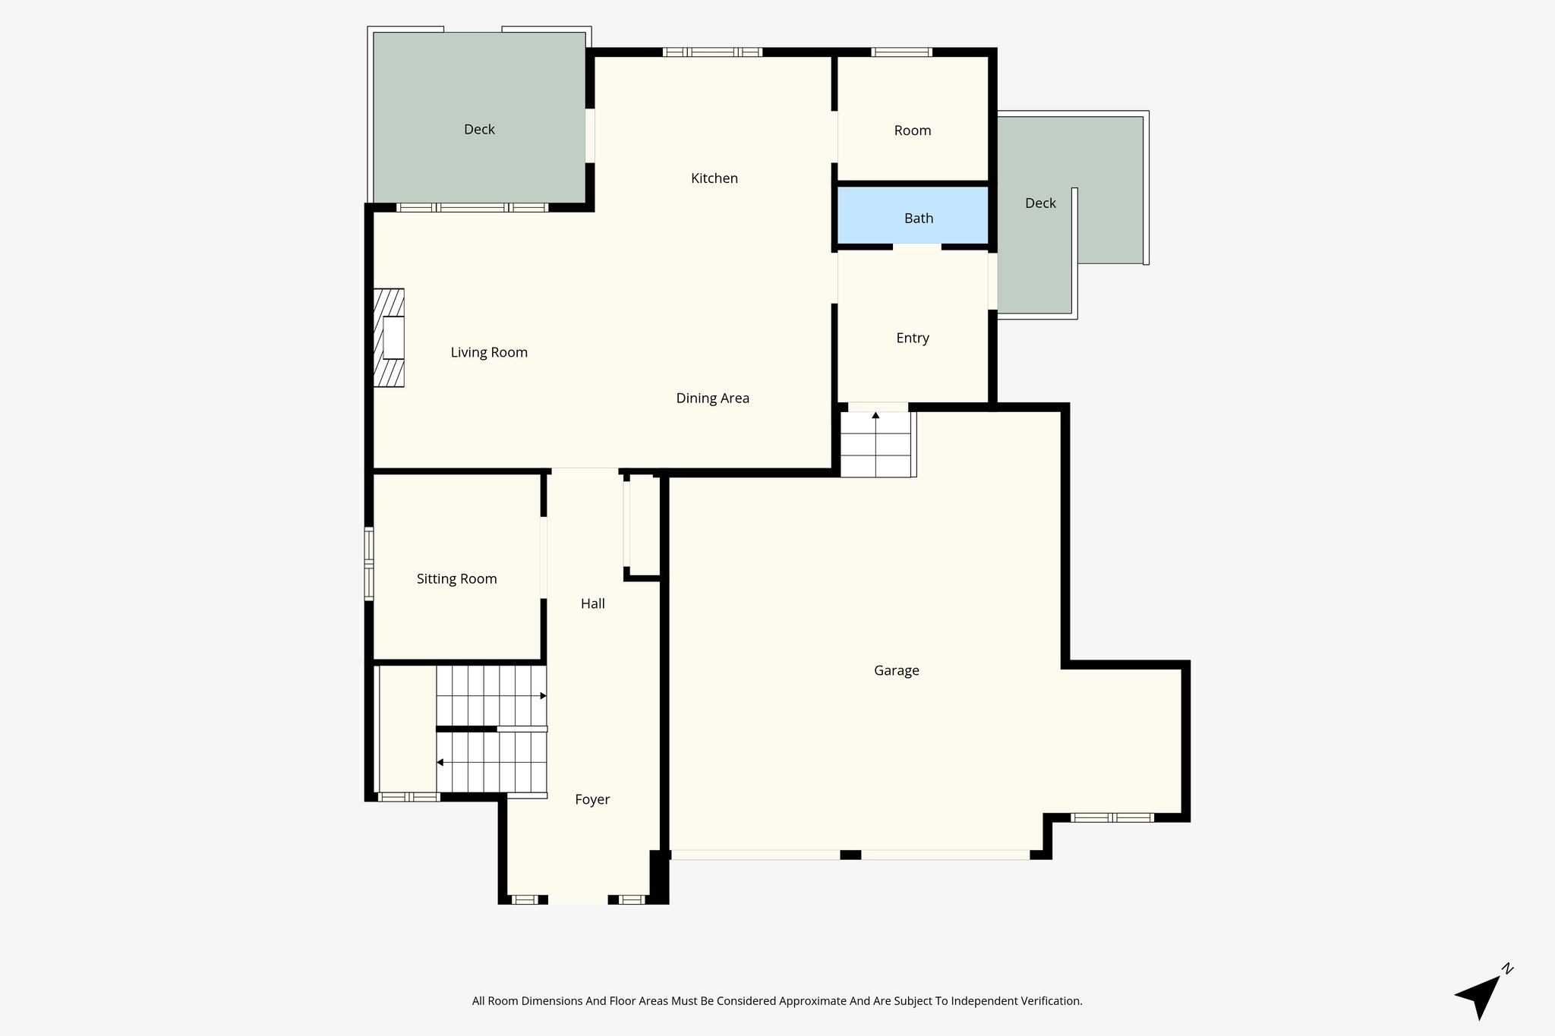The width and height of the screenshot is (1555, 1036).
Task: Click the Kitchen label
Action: (714, 178)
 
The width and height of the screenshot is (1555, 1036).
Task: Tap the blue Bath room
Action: (913, 216)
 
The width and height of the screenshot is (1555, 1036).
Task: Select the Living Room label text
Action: (488, 352)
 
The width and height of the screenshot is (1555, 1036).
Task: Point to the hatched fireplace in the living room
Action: (389, 338)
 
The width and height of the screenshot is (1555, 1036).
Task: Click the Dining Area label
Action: (712, 398)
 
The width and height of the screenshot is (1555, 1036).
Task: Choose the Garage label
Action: (896, 670)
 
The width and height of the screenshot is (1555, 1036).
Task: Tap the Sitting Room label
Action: (456, 579)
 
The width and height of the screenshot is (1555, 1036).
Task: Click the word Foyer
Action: (591, 799)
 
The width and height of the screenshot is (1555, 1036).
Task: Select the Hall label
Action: (592, 603)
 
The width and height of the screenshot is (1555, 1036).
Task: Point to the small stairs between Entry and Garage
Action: (875, 444)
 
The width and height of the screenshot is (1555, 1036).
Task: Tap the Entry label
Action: (912, 338)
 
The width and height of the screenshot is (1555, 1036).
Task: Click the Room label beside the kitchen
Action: (912, 131)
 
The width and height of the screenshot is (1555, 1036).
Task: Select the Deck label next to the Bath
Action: (1040, 203)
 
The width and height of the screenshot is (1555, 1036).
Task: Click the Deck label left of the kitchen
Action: (479, 129)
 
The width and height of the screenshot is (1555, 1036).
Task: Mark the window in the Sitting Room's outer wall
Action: (369, 563)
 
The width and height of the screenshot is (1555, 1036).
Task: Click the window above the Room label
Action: (901, 52)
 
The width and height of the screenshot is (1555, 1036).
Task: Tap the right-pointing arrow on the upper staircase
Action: (542, 695)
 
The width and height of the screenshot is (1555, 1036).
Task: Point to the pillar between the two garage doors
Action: (850, 855)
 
